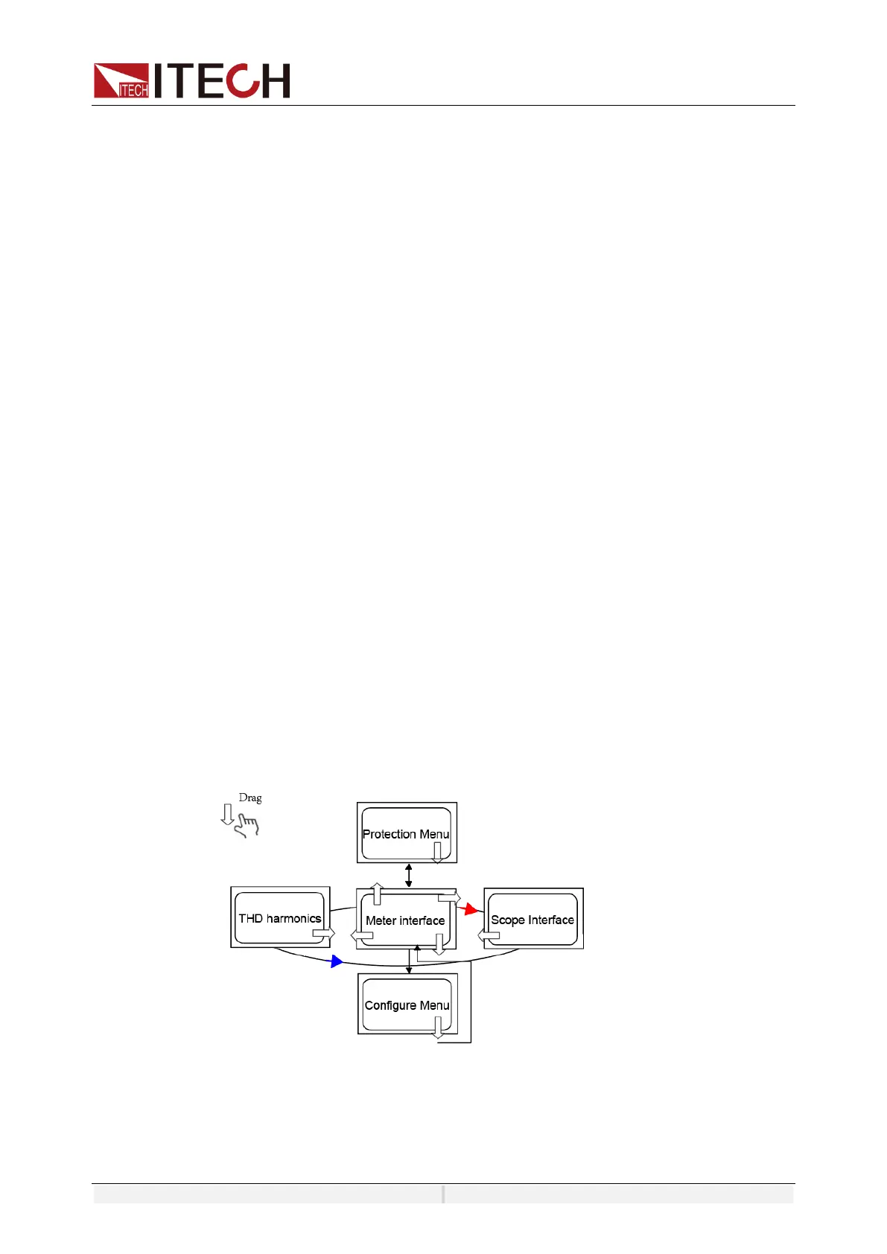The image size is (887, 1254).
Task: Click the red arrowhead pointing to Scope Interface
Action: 469,909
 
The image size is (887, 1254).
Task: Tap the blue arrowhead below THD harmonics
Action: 337,961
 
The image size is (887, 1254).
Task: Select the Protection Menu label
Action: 406,834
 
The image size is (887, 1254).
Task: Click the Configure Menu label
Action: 407,1005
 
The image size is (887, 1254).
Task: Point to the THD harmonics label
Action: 279,919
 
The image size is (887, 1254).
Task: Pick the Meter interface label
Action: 405,921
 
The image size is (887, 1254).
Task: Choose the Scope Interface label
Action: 532,920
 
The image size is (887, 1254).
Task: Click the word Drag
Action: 250,798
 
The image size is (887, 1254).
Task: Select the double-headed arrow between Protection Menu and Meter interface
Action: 408,875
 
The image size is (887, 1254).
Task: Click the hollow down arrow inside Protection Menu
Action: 438,853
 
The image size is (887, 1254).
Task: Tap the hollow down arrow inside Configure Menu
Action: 438,1028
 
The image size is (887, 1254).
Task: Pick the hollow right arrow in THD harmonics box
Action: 323,933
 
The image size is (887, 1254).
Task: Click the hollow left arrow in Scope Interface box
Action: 489,935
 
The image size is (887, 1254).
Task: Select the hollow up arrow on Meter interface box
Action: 378,894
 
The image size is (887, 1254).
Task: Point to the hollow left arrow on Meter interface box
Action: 362,935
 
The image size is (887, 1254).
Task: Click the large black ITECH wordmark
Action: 222,80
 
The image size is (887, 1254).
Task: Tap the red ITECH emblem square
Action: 121,81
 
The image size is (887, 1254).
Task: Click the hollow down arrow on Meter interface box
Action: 439,944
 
